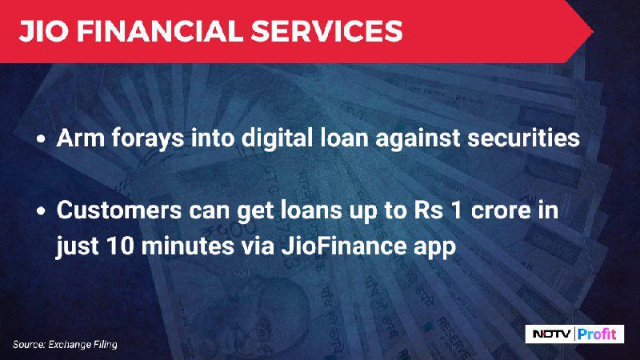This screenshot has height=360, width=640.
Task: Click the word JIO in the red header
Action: tap(43, 31)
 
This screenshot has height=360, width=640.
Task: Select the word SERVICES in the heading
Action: tap(326, 31)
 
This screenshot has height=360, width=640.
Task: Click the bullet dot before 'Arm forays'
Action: tap(41, 138)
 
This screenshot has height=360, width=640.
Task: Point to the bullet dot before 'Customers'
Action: tap(41, 211)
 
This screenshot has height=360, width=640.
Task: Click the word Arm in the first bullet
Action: tap(81, 138)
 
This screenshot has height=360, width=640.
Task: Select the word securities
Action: tap(523, 138)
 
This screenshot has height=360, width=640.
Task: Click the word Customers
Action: tap(119, 210)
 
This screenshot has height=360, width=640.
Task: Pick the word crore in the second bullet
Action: tap(502, 210)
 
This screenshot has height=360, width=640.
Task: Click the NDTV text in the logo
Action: tap(552, 334)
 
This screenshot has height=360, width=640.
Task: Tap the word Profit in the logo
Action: tap(597, 334)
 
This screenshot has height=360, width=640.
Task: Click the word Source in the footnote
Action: tap(29, 345)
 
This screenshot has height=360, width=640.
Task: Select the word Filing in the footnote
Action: tap(106, 345)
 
